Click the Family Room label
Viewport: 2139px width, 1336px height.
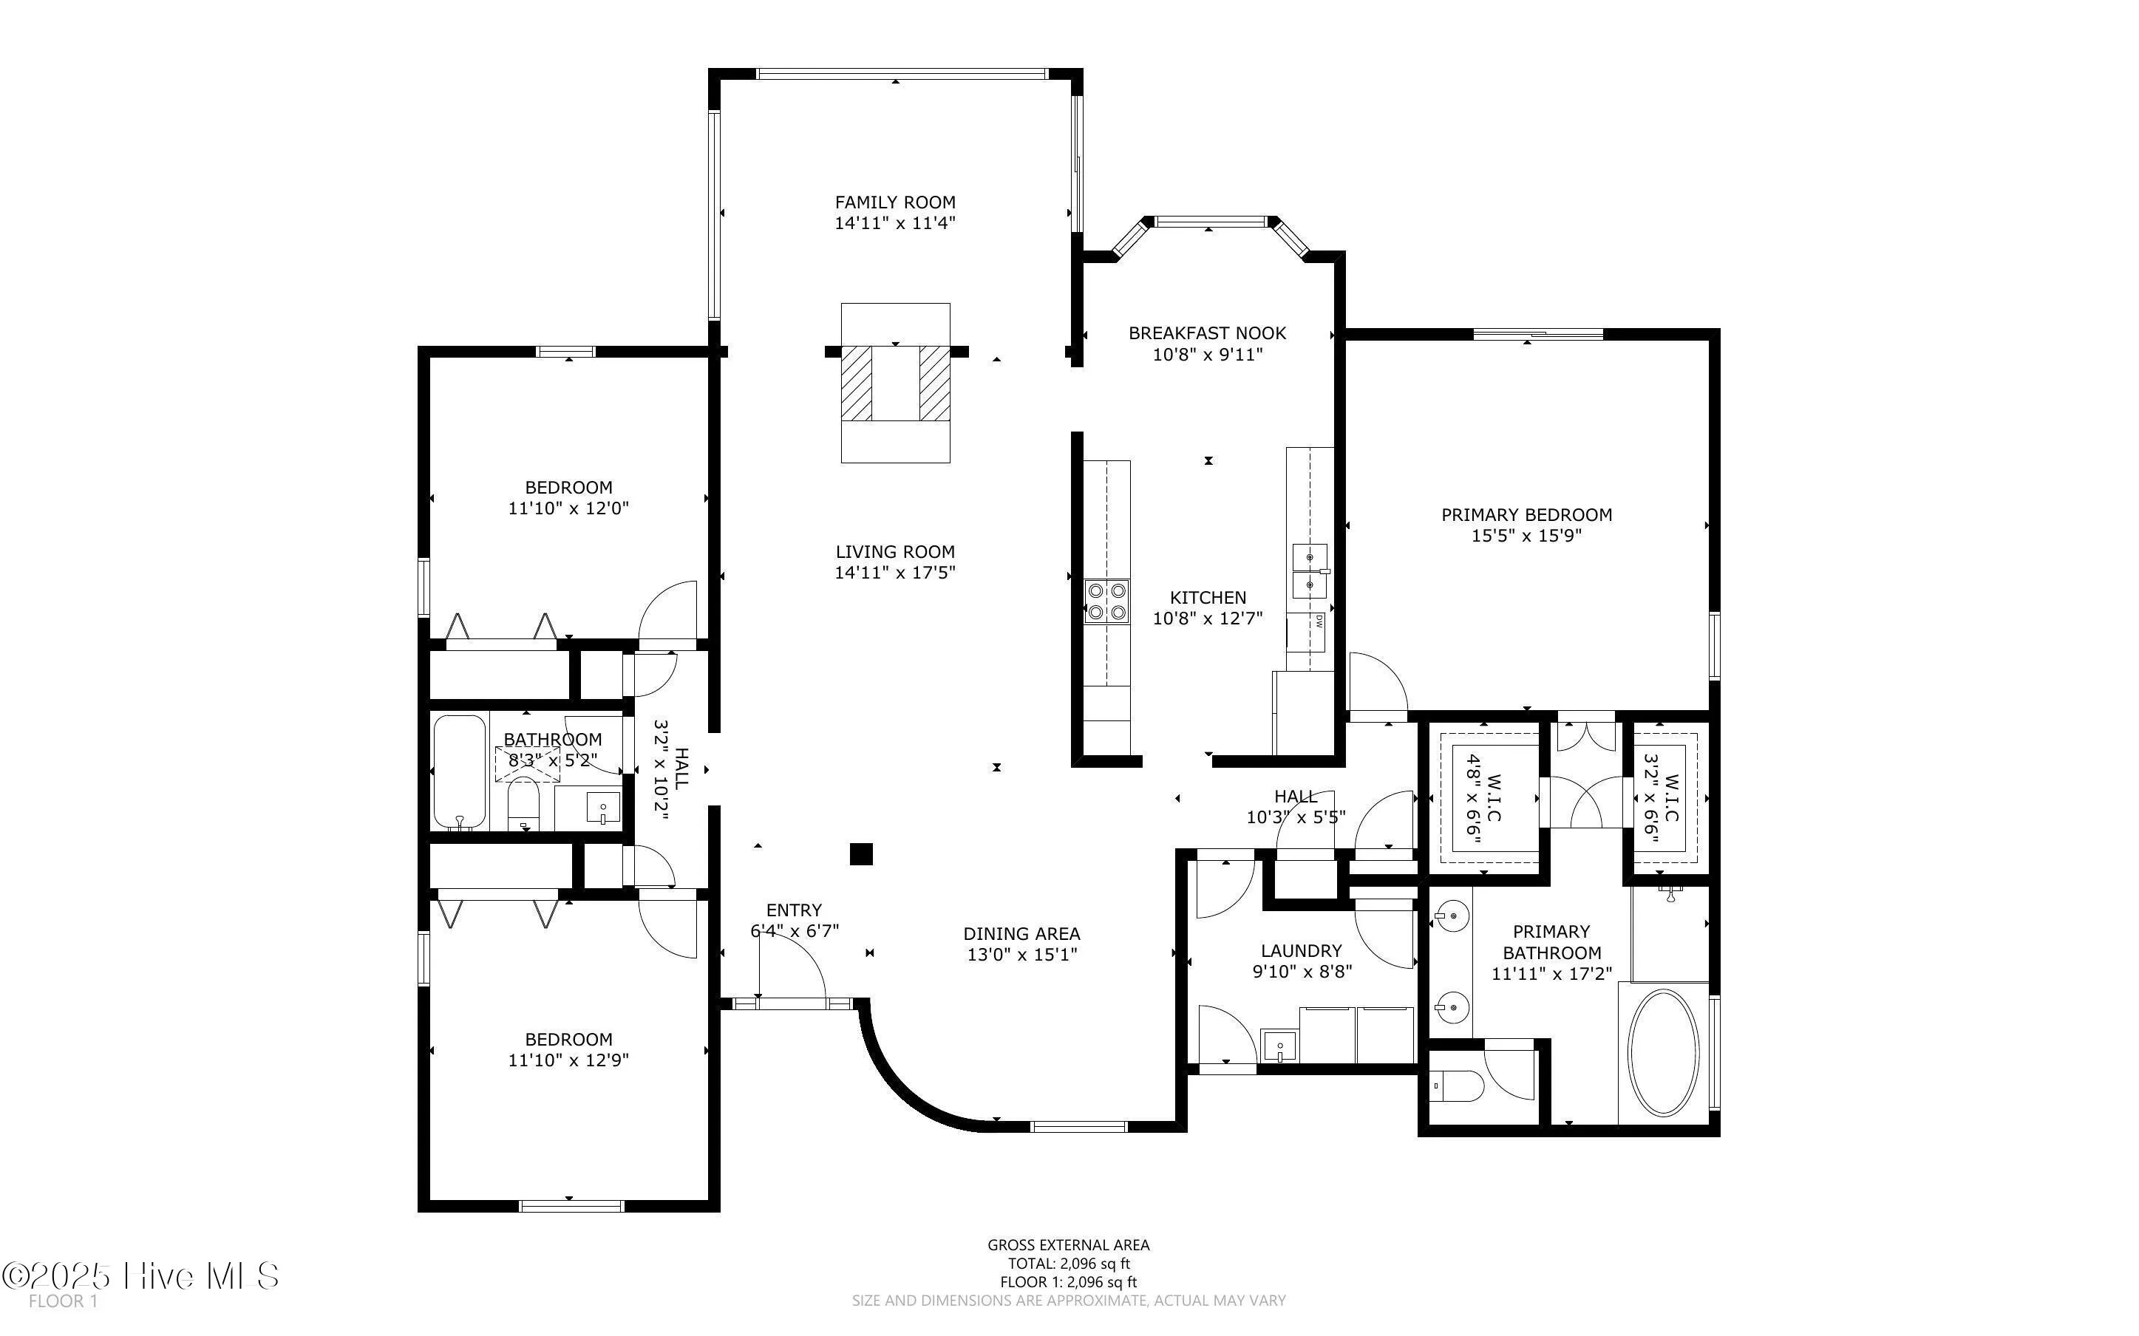click(895, 202)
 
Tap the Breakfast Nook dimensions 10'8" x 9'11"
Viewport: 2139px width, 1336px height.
click(1207, 355)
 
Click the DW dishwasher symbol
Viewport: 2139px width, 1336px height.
click(1318, 621)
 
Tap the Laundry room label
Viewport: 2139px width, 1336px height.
click(1301, 951)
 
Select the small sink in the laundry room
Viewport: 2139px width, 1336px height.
click(1279, 1047)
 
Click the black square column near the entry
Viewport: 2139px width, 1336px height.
click(861, 853)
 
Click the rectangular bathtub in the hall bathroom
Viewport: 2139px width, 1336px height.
click(460, 771)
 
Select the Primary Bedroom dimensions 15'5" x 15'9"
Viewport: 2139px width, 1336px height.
click(1526, 536)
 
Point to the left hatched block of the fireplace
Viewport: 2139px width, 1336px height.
click(856, 383)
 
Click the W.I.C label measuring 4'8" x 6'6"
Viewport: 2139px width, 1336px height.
click(1483, 797)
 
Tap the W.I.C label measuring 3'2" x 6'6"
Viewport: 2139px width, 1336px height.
click(1661, 797)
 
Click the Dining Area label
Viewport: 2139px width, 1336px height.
click(1021, 933)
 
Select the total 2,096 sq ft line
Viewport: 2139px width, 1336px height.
click(1068, 1264)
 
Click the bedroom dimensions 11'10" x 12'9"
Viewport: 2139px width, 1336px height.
click(568, 1060)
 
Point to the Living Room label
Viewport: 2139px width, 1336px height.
click(895, 551)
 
